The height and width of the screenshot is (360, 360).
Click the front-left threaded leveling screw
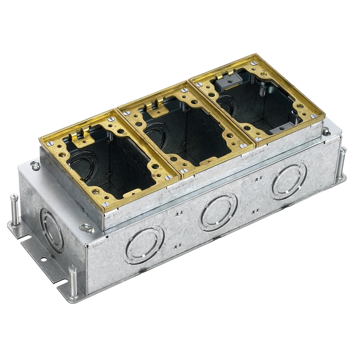[x=73, y=281]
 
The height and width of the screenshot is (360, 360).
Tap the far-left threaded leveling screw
[x=14, y=210]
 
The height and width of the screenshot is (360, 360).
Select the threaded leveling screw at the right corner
[x=341, y=162]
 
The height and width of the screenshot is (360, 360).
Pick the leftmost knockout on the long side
[x=144, y=245]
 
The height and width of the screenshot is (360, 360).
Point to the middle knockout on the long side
[x=219, y=212]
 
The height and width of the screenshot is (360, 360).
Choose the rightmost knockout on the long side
[x=289, y=181]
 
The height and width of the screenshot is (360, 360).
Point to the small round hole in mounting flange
[x=43, y=259]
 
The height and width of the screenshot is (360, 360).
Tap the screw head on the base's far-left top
[x=35, y=165]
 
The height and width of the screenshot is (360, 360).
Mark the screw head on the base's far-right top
[x=326, y=131]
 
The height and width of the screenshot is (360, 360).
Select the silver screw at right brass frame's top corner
[x=253, y=63]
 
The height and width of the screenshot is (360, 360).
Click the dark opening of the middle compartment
[x=190, y=134]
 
